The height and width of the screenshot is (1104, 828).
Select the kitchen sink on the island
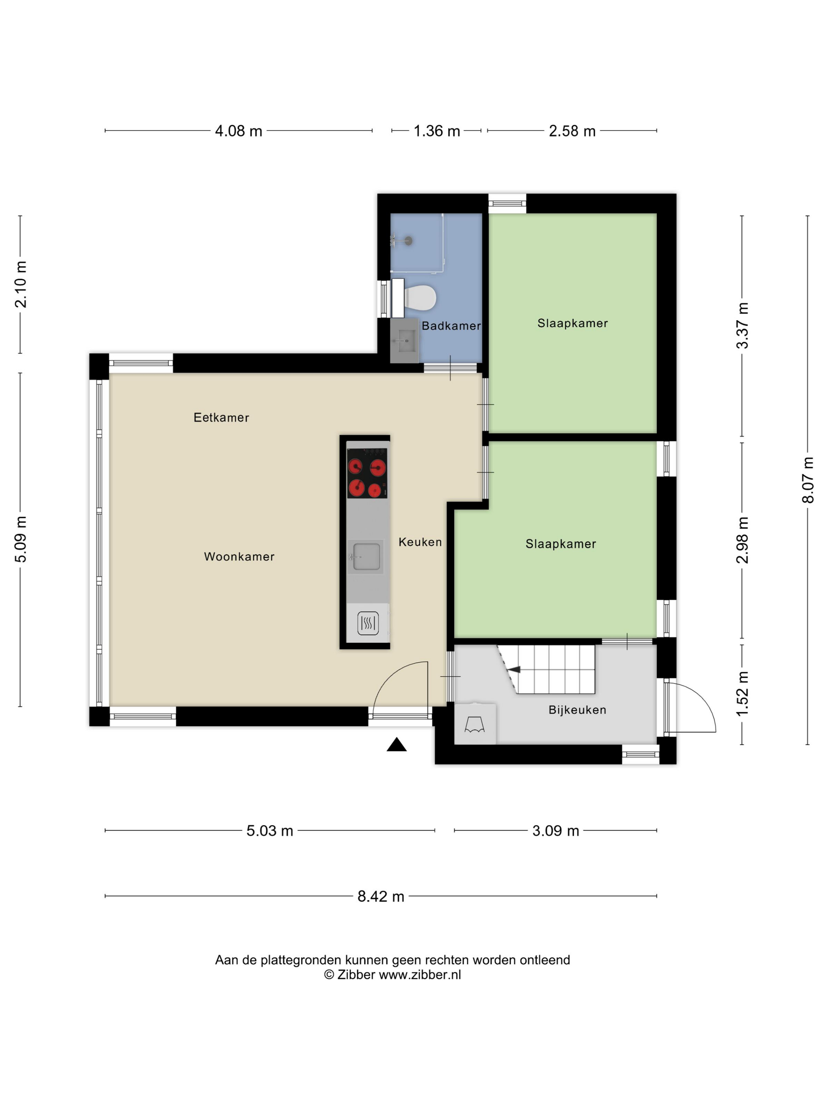tap(366, 556)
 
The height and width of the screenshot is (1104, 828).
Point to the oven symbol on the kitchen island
tap(368, 623)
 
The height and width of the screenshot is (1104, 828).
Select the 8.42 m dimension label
tap(380, 896)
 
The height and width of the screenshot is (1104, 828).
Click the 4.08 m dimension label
tap(239, 131)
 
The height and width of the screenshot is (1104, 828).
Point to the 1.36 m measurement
tap(437, 131)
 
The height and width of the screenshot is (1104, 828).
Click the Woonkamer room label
tap(239, 556)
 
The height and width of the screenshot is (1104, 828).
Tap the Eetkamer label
tap(221, 417)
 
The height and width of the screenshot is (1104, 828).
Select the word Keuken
tap(420, 542)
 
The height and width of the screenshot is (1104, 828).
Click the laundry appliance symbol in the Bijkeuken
tap(475, 724)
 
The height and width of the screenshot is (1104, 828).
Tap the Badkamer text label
tap(451, 326)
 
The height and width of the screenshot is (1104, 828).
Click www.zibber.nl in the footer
tap(420, 975)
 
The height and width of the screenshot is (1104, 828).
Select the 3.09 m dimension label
tap(556, 831)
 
